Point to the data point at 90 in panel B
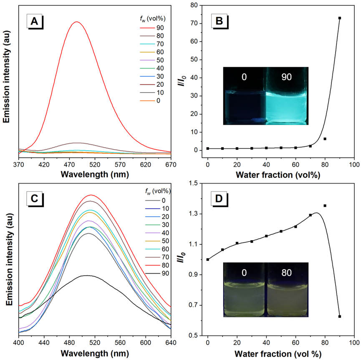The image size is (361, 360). coord(340,18)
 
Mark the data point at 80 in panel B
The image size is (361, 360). coord(325,138)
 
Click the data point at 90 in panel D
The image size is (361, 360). coord(340,317)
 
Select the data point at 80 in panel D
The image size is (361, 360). coord(325,206)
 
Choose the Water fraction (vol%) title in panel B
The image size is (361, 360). coord(274,174)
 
